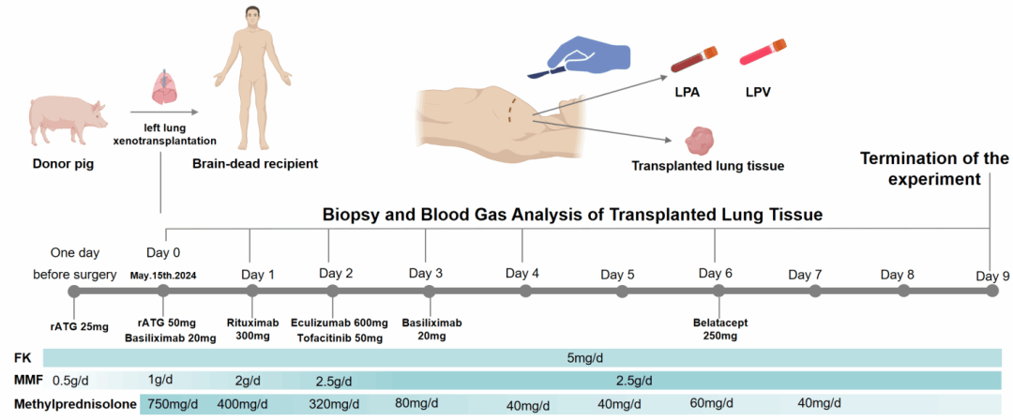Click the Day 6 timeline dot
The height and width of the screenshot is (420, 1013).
[x=715, y=292]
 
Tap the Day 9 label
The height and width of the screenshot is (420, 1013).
[x=992, y=275]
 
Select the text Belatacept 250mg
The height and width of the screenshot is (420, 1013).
[x=721, y=329]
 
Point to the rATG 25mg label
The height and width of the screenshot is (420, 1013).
[x=79, y=325]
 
